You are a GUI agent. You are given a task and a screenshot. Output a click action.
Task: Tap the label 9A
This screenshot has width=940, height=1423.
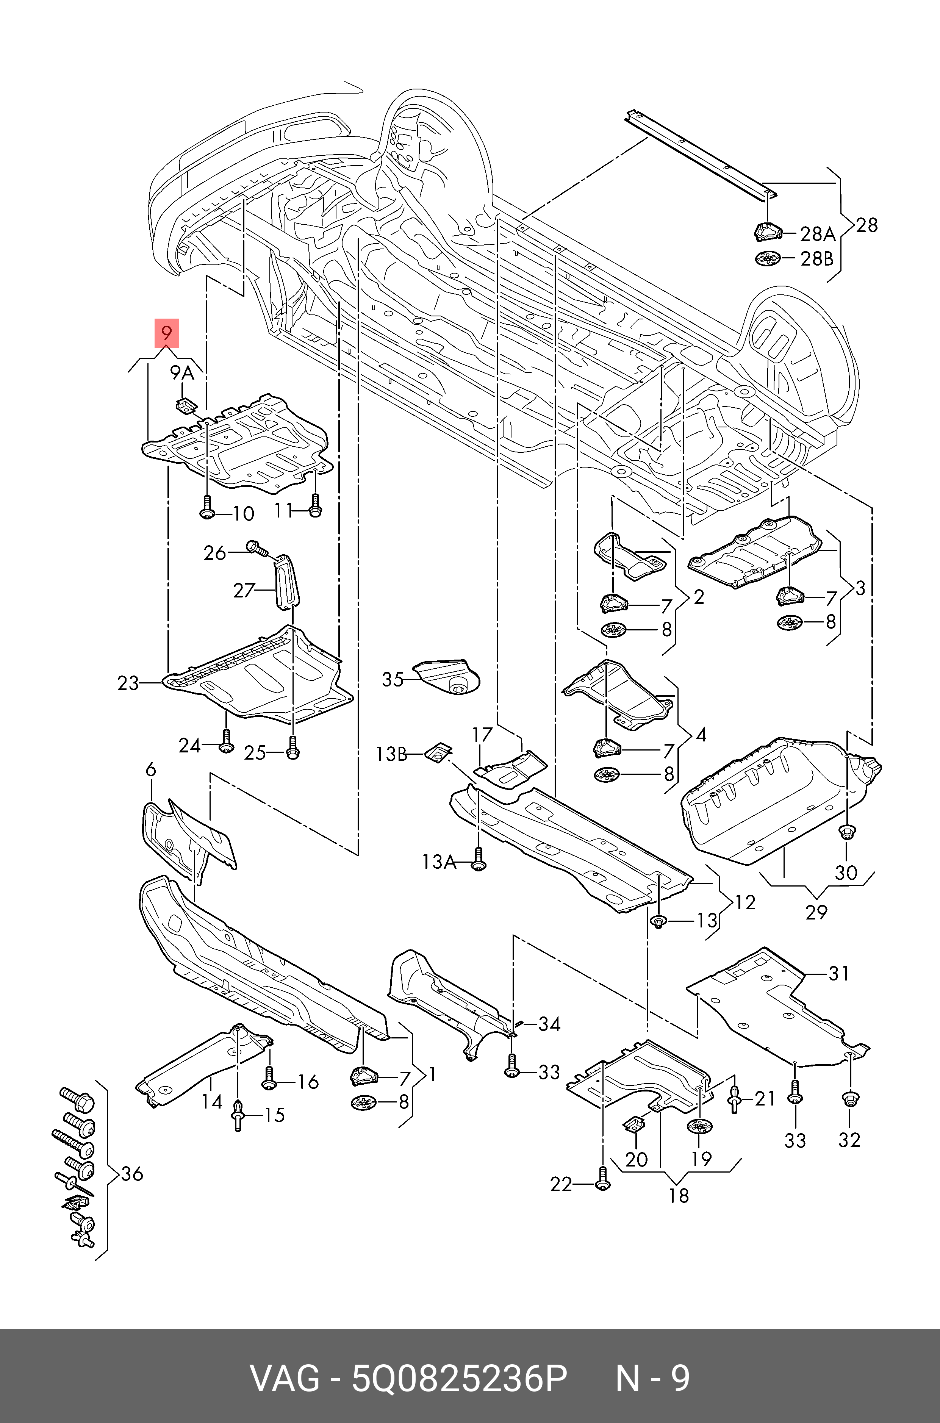[181, 373]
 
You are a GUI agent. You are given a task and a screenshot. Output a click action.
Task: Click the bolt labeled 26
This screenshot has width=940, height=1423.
[255, 547]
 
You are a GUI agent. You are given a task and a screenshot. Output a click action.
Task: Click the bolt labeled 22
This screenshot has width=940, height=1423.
[602, 1180]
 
